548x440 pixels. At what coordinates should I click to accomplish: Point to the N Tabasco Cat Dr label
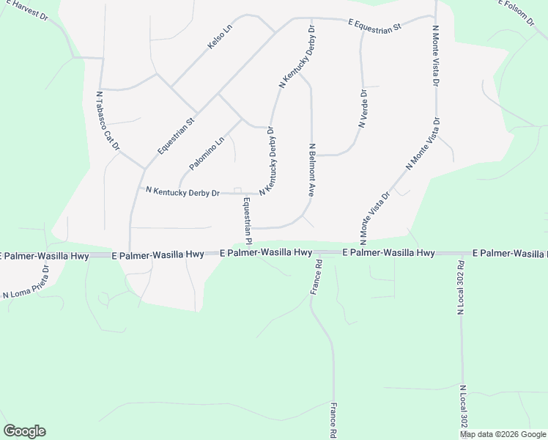(x=108, y=120)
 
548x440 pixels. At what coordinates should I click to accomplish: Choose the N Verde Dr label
(x=363, y=109)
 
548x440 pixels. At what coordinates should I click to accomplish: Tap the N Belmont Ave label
(x=311, y=170)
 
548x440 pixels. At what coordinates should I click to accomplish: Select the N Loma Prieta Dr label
(x=26, y=282)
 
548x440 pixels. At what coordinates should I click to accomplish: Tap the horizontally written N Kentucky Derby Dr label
(x=182, y=192)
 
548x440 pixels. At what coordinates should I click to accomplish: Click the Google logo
(x=24, y=431)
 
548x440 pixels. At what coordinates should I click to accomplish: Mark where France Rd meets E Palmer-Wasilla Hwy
(x=316, y=253)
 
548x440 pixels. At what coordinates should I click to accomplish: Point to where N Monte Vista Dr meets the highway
(x=366, y=247)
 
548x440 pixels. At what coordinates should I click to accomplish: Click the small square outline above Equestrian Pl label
(x=237, y=191)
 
